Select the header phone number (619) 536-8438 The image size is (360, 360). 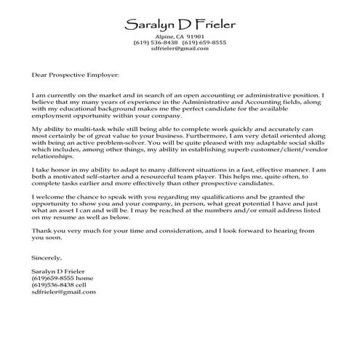[x=155, y=43]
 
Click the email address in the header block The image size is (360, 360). [x=180, y=49]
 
